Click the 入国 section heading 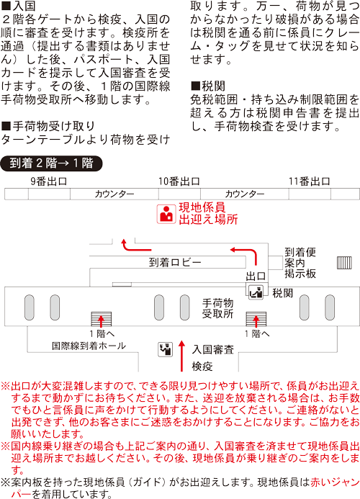(20, 6)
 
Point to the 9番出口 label (48, 181)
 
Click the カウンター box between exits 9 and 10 (113, 194)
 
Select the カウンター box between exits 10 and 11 (244, 194)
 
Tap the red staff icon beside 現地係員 (166, 214)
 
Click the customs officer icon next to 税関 (255, 292)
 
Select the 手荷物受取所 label (217, 309)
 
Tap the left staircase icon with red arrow (101, 319)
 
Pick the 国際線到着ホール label (82, 346)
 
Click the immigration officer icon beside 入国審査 (165, 350)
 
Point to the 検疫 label (202, 367)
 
